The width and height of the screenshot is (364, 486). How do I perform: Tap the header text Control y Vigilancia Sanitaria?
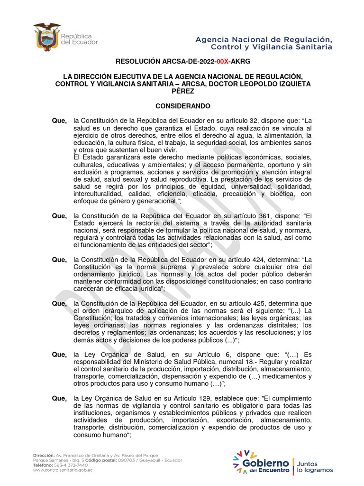click(271, 47)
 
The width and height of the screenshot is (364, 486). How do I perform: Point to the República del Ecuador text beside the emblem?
click(80, 39)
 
